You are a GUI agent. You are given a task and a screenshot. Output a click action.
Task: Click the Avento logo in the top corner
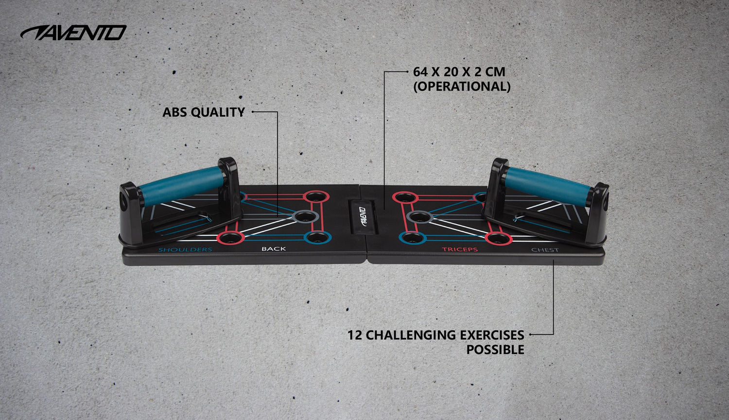click(73, 33)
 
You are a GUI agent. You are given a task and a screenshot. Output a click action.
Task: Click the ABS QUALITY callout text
click(203, 112)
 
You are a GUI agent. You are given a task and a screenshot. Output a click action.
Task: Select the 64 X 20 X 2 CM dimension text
click(459, 72)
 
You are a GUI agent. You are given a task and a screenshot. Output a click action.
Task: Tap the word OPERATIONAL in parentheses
click(462, 87)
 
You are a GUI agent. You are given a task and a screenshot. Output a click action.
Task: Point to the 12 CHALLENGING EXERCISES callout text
click(435, 335)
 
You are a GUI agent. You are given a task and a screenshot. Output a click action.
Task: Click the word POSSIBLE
click(495, 350)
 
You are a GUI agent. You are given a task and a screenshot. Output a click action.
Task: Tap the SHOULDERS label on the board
click(185, 250)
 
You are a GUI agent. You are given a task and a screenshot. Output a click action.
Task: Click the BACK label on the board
click(274, 249)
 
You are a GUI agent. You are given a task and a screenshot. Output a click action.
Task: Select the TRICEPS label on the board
click(459, 249)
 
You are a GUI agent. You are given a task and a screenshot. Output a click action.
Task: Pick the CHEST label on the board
click(545, 250)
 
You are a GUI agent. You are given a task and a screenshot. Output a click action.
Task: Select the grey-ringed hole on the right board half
click(417, 217)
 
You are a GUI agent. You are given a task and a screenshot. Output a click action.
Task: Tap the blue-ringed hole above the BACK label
click(317, 238)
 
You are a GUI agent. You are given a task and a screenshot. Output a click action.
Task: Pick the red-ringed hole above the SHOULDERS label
click(230, 238)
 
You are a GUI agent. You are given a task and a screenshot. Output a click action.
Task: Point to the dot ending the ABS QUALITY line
click(253, 112)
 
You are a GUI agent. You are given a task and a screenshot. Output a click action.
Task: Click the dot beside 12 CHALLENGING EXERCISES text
click(530, 334)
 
